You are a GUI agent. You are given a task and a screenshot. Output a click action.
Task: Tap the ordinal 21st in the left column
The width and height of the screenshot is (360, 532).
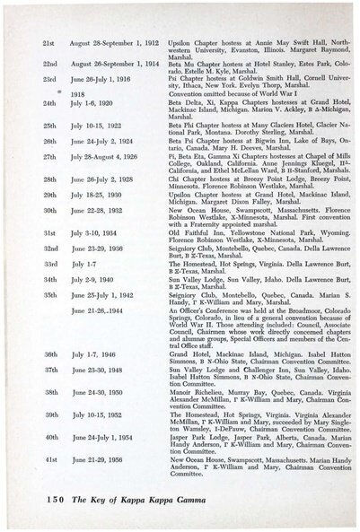50,43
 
